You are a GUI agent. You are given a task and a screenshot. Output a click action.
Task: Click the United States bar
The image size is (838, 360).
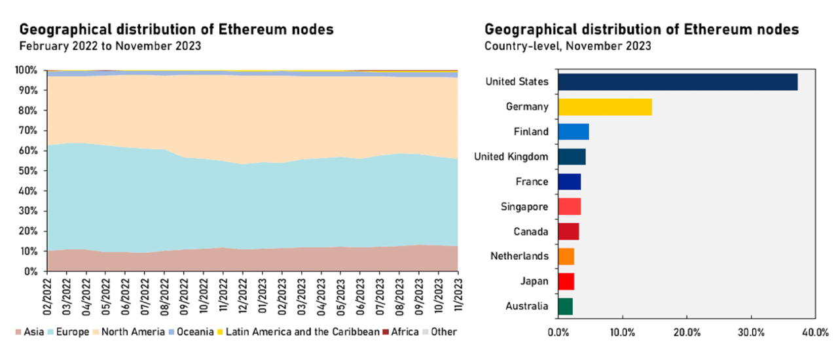[677, 82]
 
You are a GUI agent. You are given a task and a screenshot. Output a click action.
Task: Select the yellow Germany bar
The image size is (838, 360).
[604, 107]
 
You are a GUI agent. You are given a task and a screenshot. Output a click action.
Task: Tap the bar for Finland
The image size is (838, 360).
[573, 132]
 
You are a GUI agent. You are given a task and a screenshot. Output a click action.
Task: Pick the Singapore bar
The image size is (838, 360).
[569, 207]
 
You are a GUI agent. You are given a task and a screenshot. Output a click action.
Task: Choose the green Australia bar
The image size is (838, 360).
[565, 306]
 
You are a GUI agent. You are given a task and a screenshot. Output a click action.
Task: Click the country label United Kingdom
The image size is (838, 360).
[511, 156]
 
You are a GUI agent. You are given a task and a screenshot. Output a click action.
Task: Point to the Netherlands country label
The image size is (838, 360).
[519, 256]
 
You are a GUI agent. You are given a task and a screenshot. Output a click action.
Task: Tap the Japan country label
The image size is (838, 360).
[534, 281]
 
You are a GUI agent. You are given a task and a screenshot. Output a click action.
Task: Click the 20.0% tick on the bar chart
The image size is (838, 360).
[686, 333]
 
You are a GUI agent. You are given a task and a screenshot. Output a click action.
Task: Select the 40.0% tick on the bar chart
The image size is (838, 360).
[814, 333]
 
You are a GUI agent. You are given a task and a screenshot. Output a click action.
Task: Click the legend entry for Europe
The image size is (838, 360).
[68, 332]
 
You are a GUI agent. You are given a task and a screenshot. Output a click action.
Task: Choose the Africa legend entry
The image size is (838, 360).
[401, 332]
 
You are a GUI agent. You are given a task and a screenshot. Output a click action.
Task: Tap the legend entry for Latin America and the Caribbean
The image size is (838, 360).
[299, 332]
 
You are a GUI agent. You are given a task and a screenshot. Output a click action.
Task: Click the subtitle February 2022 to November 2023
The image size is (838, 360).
[110, 46]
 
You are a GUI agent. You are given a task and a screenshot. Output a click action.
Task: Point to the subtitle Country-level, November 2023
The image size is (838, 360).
[568, 46]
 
